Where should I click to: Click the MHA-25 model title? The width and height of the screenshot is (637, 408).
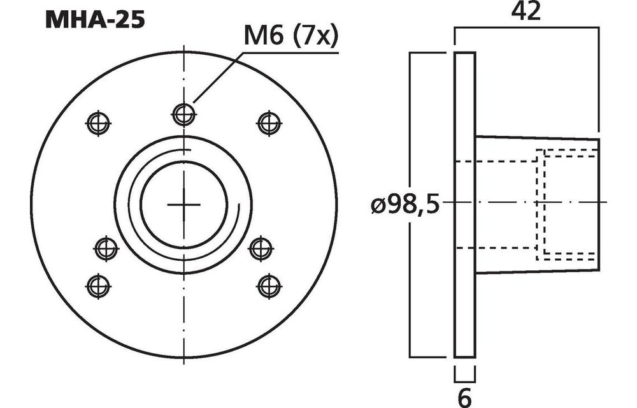pyautogui.click(x=95, y=19)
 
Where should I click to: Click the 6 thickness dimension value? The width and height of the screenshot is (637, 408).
pyautogui.click(x=464, y=397)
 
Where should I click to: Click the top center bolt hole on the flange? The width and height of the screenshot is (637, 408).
pyautogui.click(x=183, y=114)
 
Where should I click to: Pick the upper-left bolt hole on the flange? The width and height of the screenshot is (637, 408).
pyautogui.click(x=99, y=124)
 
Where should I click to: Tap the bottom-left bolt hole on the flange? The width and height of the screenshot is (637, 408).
pyautogui.click(x=98, y=284)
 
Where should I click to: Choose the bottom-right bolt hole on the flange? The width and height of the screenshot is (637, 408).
pyautogui.click(x=268, y=286)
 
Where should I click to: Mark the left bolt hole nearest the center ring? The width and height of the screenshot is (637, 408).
pyautogui.click(x=106, y=248)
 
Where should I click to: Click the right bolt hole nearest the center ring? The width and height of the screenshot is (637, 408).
pyautogui.click(x=260, y=248)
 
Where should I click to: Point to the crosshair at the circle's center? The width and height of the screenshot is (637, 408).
pyautogui.click(x=183, y=205)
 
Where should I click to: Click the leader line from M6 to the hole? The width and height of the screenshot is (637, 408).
pyautogui.click(x=217, y=76)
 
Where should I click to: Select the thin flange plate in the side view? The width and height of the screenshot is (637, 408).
pyautogui.click(x=464, y=204)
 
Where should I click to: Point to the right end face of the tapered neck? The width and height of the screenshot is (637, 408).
pyautogui.click(x=599, y=204)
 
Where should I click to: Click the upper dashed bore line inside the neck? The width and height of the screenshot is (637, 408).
pyautogui.click(x=497, y=162)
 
